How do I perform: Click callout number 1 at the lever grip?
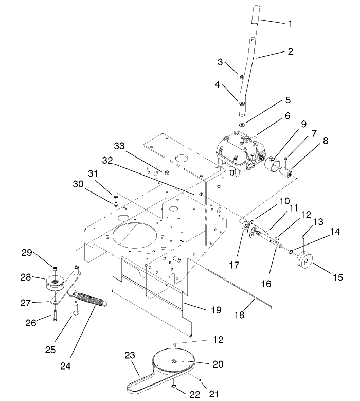point(290,23)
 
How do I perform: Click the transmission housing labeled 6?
point(237,149)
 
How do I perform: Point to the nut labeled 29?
point(55,268)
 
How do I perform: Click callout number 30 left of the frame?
point(77,184)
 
